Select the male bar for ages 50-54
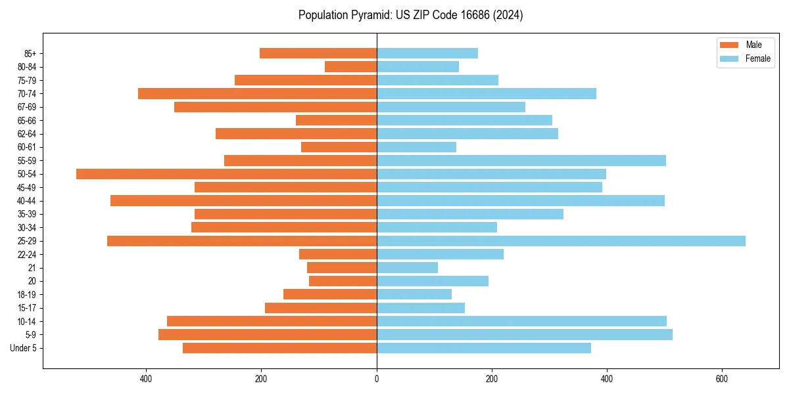coord(226,174)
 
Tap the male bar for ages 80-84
coord(350,66)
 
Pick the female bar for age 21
coord(407,267)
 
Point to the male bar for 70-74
coord(257,93)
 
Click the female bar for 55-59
coord(521,160)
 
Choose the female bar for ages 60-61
coord(416,147)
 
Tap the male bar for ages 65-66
coord(336,120)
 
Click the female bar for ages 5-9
coord(524,334)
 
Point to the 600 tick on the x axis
coord(722,379)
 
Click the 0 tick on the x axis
coord(377,379)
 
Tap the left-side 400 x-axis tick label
coord(146,379)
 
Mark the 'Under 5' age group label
coord(23,348)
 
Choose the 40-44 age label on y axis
coord(26,200)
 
